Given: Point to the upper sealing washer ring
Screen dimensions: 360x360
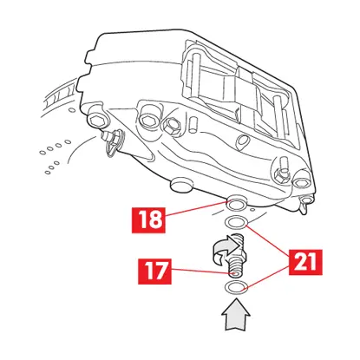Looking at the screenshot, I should click(x=235, y=226).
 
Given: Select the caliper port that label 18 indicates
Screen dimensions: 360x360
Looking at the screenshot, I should click(x=235, y=206).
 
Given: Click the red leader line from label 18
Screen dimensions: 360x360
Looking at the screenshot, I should click(x=195, y=213).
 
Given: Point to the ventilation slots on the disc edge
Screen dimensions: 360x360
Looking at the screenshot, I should click(x=56, y=96).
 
